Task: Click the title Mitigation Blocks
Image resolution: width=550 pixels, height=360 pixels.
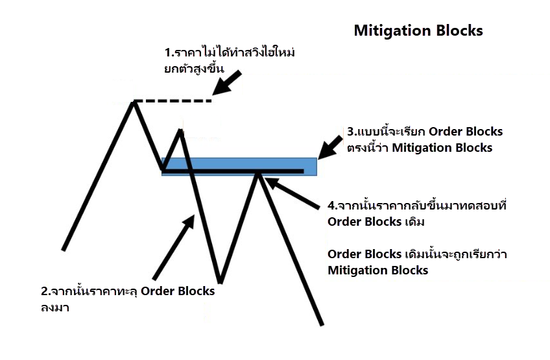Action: (418, 30)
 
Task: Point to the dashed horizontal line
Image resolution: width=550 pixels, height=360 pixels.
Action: (173, 101)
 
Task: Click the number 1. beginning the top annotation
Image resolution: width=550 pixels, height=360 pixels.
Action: (169, 52)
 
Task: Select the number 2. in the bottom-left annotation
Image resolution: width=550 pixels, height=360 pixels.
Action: (45, 291)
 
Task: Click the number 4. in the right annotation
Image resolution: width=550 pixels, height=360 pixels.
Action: (332, 206)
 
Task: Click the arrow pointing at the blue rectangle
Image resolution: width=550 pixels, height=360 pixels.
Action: (333, 146)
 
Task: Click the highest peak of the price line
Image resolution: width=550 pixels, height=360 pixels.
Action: (134, 102)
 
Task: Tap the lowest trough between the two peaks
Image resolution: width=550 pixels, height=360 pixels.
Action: (221, 282)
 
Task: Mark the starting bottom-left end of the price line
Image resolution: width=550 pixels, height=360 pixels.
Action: (64, 249)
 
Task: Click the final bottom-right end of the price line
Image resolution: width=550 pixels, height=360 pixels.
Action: (321, 323)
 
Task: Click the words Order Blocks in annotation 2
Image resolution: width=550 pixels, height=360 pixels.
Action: (177, 291)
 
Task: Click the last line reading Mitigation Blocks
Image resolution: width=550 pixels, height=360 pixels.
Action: (377, 270)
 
